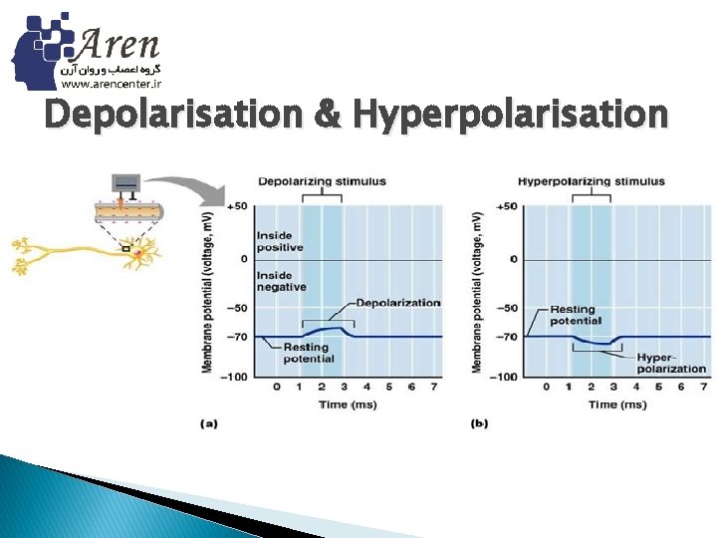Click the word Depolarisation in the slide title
coord(172,115)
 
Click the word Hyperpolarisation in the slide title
coord(510,115)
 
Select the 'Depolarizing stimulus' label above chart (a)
coord(322,181)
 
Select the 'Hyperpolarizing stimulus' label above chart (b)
coord(591,181)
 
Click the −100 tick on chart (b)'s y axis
coord(507,377)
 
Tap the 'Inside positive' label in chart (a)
coord(275,242)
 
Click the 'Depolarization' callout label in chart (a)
coord(397,302)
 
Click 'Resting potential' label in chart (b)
coord(576,315)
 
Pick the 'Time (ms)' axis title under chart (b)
coord(616,404)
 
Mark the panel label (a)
coord(210,423)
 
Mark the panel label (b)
coord(479,423)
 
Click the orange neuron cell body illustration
coord(139,257)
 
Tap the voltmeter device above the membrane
coord(127,183)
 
